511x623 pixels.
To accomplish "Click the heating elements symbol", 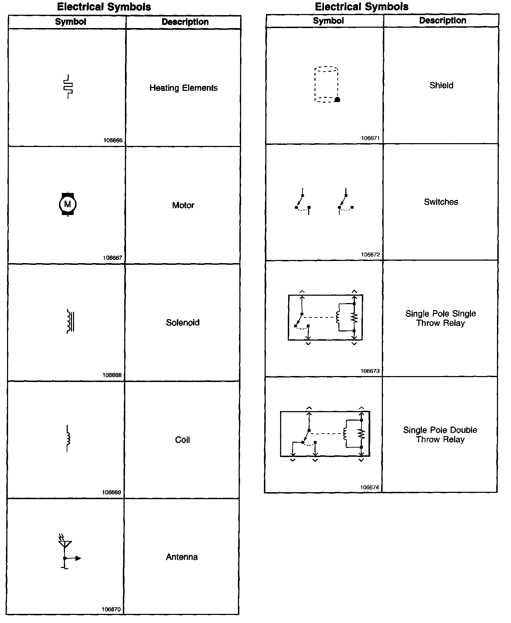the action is pyautogui.click(x=68, y=86).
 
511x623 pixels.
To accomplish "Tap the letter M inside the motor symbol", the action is pyautogui.click(x=68, y=204).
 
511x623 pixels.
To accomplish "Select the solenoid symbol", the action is pyautogui.click(x=70, y=321).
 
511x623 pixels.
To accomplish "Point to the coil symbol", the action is pyautogui.click(x=68, y=438).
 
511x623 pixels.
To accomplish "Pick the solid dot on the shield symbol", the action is pyautogui.click(x=338, y=100).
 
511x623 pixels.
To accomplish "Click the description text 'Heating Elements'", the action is pyautogui.click(x=183, y=88).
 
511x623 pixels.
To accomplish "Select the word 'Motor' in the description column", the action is pyautogui.click(x=183, y=205).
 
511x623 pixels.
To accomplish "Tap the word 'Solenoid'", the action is pyautogui.click(x=182, y=322).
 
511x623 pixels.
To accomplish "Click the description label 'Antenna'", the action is pyautogui.click(x=181, y=557).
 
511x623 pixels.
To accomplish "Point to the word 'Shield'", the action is pyautogui.click(x=441, y=85).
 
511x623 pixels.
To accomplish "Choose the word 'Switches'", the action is pyautogui.click(x=441, y=202).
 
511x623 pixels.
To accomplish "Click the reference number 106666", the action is pyautogui.click(x=113, y=140).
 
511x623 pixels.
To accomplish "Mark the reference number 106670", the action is pyautogui.click(x=111, y=609).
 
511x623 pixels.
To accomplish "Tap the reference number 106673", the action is pyautogui.click(x=370, y=371).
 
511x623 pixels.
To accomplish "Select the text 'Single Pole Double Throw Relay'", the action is pyautogui.click(x=440, y=435).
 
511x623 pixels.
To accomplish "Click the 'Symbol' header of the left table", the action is pyautogui.click(x=71, y=22).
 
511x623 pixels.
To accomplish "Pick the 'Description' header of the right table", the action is pyautogui.click(x=443, y=20).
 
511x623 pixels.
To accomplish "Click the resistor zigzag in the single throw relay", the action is pyautogui.click(x=354, y=317).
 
